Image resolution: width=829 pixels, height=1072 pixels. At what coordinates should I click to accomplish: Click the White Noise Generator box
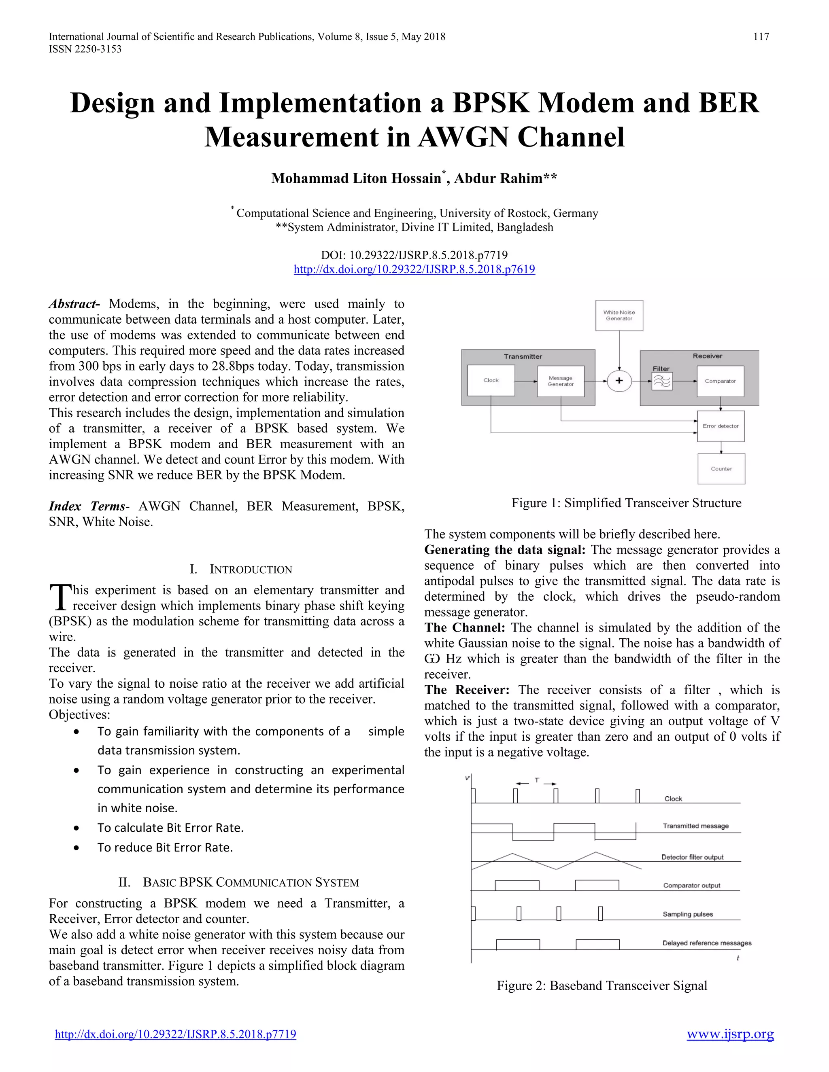619,315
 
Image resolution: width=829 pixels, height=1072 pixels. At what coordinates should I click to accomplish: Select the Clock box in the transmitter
491,380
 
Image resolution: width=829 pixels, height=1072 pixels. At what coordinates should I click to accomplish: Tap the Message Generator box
560,381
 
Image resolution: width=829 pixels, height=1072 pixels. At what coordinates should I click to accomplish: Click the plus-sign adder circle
619,380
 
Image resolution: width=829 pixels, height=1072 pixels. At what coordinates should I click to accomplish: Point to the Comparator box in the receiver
720,381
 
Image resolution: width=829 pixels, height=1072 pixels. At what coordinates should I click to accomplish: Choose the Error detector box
721,426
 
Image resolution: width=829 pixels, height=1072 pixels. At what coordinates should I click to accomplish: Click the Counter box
721,469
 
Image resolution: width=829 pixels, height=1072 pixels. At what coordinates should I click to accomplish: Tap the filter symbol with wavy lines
661,381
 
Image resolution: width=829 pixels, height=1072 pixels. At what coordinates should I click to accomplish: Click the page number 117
761,37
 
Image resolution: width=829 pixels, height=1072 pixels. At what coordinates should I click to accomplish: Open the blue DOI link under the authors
414,269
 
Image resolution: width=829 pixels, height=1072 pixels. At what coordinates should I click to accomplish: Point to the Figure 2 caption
602,985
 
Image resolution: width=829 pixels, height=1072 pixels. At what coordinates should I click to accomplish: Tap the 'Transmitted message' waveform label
695,826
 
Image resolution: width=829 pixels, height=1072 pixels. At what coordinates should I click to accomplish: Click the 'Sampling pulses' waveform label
688,914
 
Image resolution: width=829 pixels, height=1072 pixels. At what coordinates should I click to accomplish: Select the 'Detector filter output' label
692,857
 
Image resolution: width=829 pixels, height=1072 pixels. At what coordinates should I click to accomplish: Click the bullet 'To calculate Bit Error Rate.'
170,828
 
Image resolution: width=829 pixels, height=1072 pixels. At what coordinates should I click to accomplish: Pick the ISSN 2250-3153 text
85,49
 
